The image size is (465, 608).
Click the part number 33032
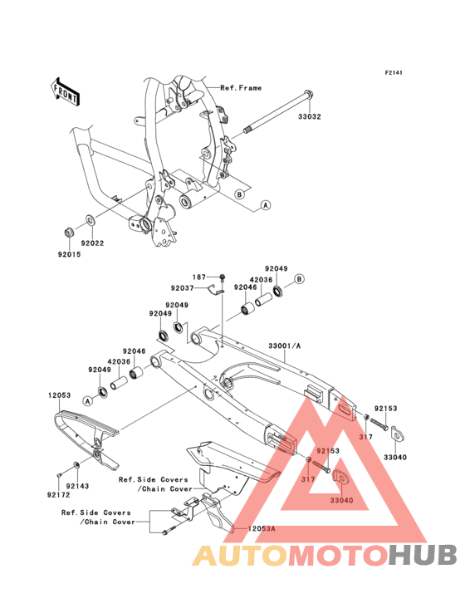309,117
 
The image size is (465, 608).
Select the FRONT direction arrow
65,91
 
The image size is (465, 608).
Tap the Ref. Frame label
241,88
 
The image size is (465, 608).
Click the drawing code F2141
394,72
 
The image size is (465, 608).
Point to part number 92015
70,254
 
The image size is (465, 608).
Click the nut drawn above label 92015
69,233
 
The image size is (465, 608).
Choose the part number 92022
92,243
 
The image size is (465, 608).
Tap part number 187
199,277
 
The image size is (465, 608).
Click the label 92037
182,288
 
